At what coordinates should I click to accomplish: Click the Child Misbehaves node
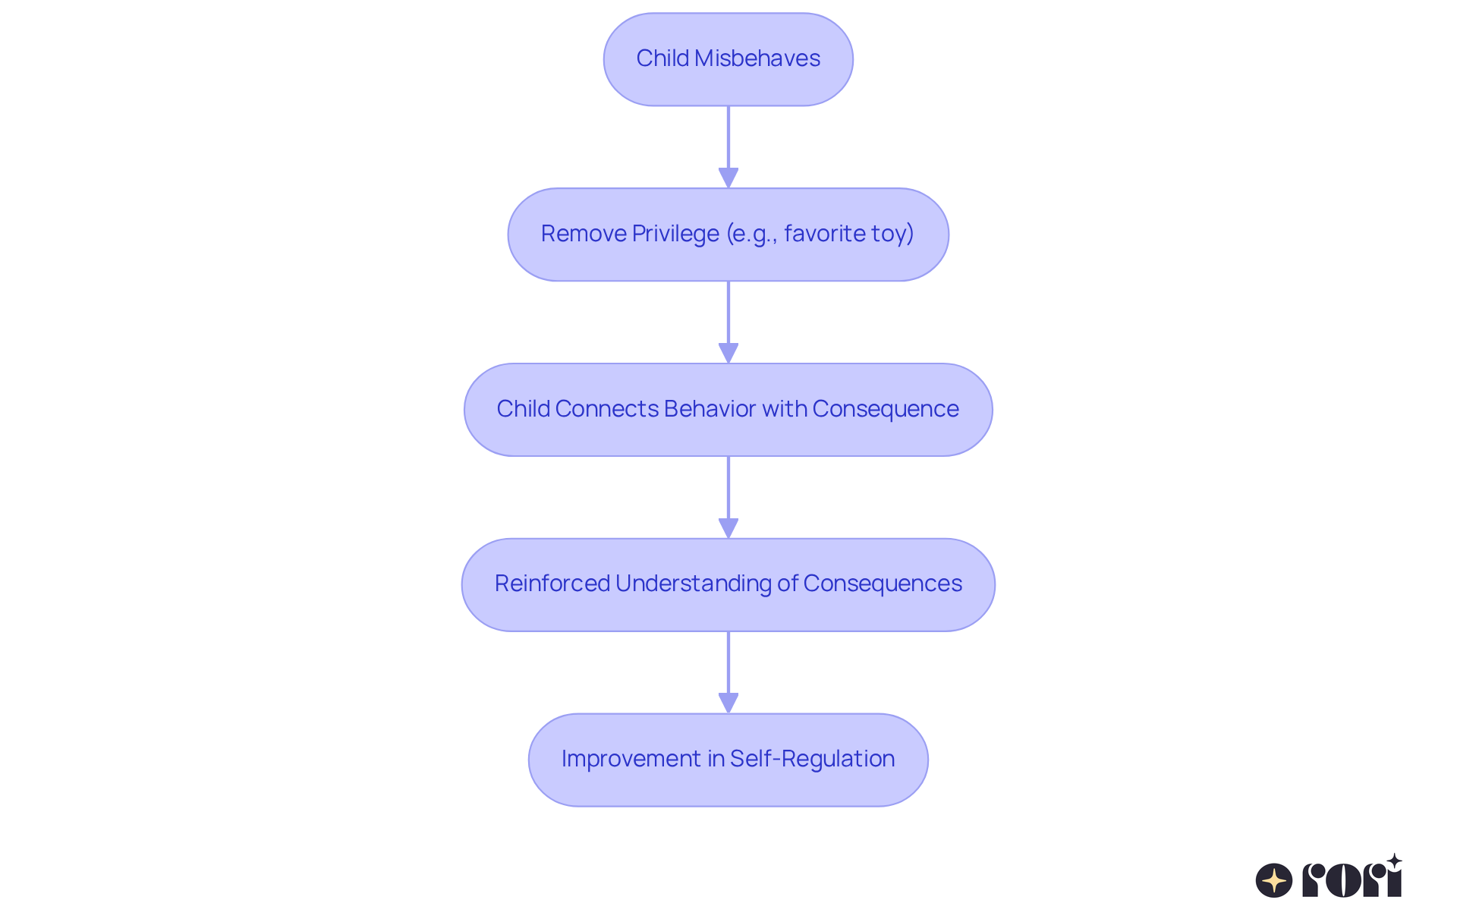coord(728,59)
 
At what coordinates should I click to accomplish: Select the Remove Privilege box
coord(728,234)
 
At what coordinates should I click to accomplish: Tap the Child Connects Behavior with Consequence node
coord(728,410)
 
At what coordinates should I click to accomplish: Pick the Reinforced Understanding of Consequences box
coord(728,584)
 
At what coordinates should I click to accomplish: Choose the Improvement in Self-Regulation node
coord(728,760)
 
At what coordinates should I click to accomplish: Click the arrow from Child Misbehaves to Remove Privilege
coord(728,144)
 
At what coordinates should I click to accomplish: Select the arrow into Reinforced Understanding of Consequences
coord(728,496)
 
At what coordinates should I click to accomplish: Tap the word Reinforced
coord(552,584)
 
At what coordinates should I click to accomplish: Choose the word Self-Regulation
coord(812,759)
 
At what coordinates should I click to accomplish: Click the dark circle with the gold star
coord(1274,880)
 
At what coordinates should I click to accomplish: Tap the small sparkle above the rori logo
coord(1394,861)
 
